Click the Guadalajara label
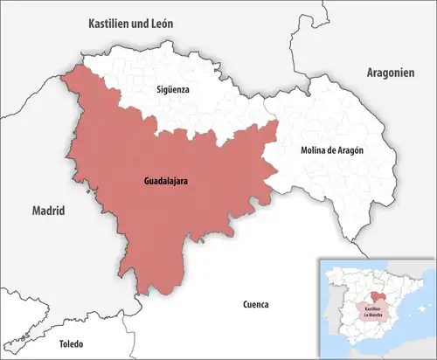(166, 182)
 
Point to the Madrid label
(49, 211)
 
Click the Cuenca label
(254, 304)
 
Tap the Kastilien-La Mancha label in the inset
(367, 310)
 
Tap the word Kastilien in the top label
(108, 24)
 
